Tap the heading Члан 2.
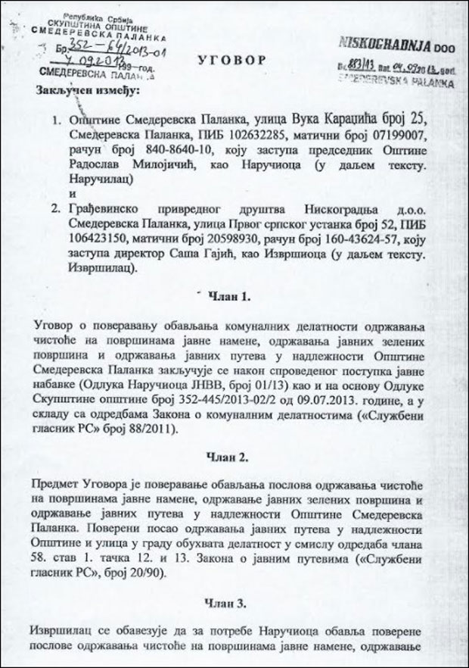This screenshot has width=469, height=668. (235, 457)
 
